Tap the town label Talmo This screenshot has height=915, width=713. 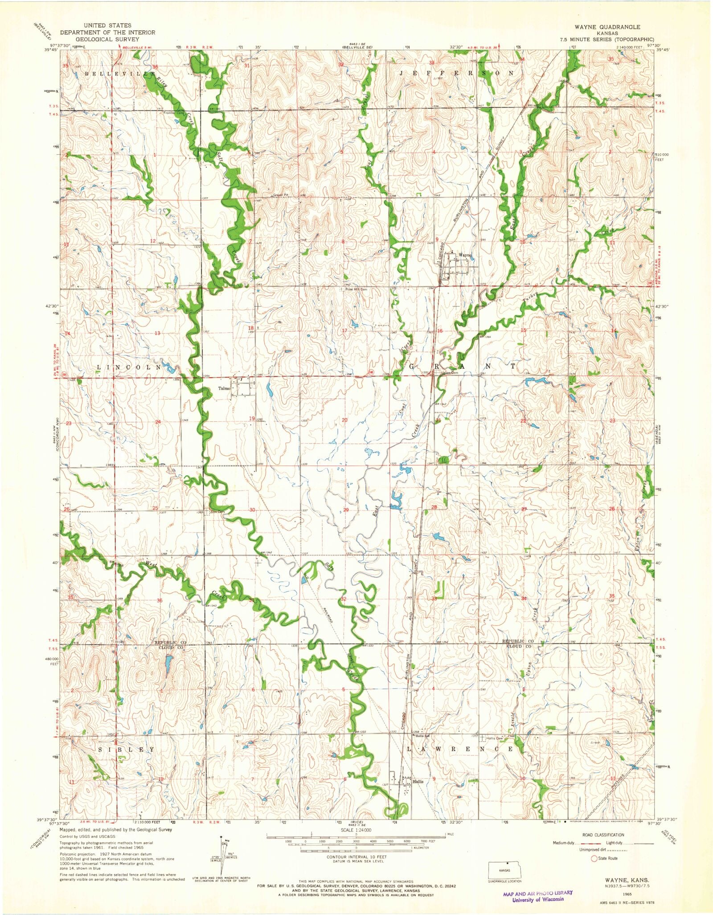pyautogui.click(x=224, y=388)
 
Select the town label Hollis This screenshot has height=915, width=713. pyautogui.click(x=418, y=782)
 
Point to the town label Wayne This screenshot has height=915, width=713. pyautogui.click(x=465, y=255)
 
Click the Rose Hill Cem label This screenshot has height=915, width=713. pyautogui.click(x=356, y=289)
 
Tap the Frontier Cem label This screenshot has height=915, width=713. pyautogui.click(x=173, y=113)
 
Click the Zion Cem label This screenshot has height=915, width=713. pyautogui.click(x=217, y=512)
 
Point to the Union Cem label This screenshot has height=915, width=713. pyautogui.click(x=449, y=372)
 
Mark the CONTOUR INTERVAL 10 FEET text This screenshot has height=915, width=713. pyautogui.click(x=356, y=857)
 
